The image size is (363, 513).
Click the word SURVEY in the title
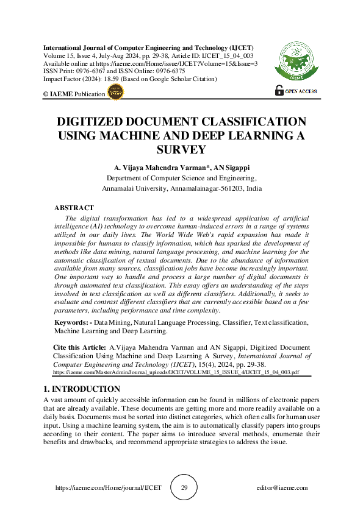click(182, 149)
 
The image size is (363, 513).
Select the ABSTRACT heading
click(74, 208)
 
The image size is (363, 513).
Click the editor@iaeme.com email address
click(282, 487)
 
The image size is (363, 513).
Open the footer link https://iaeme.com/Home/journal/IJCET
click(108, 487)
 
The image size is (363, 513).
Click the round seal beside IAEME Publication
click(115, 92)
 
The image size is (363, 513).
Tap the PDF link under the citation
click(176, 371)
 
